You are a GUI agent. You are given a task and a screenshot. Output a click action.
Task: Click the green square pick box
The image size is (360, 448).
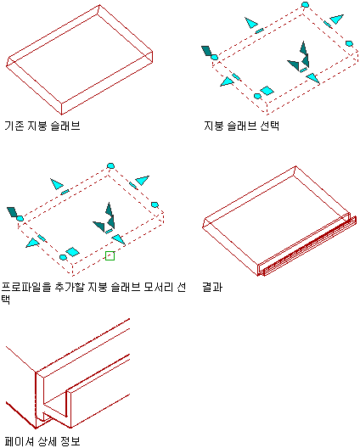coord(110,255)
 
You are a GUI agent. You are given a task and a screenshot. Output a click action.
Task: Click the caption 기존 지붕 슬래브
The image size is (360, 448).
coord(42,126)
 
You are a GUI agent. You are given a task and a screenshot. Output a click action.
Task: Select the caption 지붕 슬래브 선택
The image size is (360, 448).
coord(241,126)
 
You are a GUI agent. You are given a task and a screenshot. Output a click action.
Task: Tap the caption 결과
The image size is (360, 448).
coord(212,287)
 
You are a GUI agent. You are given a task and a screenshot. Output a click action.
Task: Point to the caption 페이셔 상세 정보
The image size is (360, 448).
coord(42,441)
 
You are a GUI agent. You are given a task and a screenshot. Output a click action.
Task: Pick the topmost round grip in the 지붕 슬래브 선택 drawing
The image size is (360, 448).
coord(306,4)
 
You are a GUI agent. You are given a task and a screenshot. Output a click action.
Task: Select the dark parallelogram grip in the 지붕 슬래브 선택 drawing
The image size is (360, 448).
coord(206,51)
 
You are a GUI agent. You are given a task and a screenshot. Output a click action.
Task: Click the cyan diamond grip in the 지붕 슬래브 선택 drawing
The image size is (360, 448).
coord(267,91)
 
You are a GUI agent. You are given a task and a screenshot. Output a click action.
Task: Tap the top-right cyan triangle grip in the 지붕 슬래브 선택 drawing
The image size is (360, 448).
coord(337,20)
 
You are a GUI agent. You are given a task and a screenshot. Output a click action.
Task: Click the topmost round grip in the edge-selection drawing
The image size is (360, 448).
coord(110,166)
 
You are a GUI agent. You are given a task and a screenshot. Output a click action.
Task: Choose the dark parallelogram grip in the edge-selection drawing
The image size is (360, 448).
coord(12,212)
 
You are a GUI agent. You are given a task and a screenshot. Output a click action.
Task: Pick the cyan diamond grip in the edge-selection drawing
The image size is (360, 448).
coord(72,252)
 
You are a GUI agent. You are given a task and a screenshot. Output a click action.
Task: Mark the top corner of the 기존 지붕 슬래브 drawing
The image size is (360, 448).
coord(99,4)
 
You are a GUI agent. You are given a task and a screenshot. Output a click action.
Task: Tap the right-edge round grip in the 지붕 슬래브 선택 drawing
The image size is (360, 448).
coord(349,43)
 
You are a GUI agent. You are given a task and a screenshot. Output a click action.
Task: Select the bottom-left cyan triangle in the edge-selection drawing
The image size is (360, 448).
coord(32,244)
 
